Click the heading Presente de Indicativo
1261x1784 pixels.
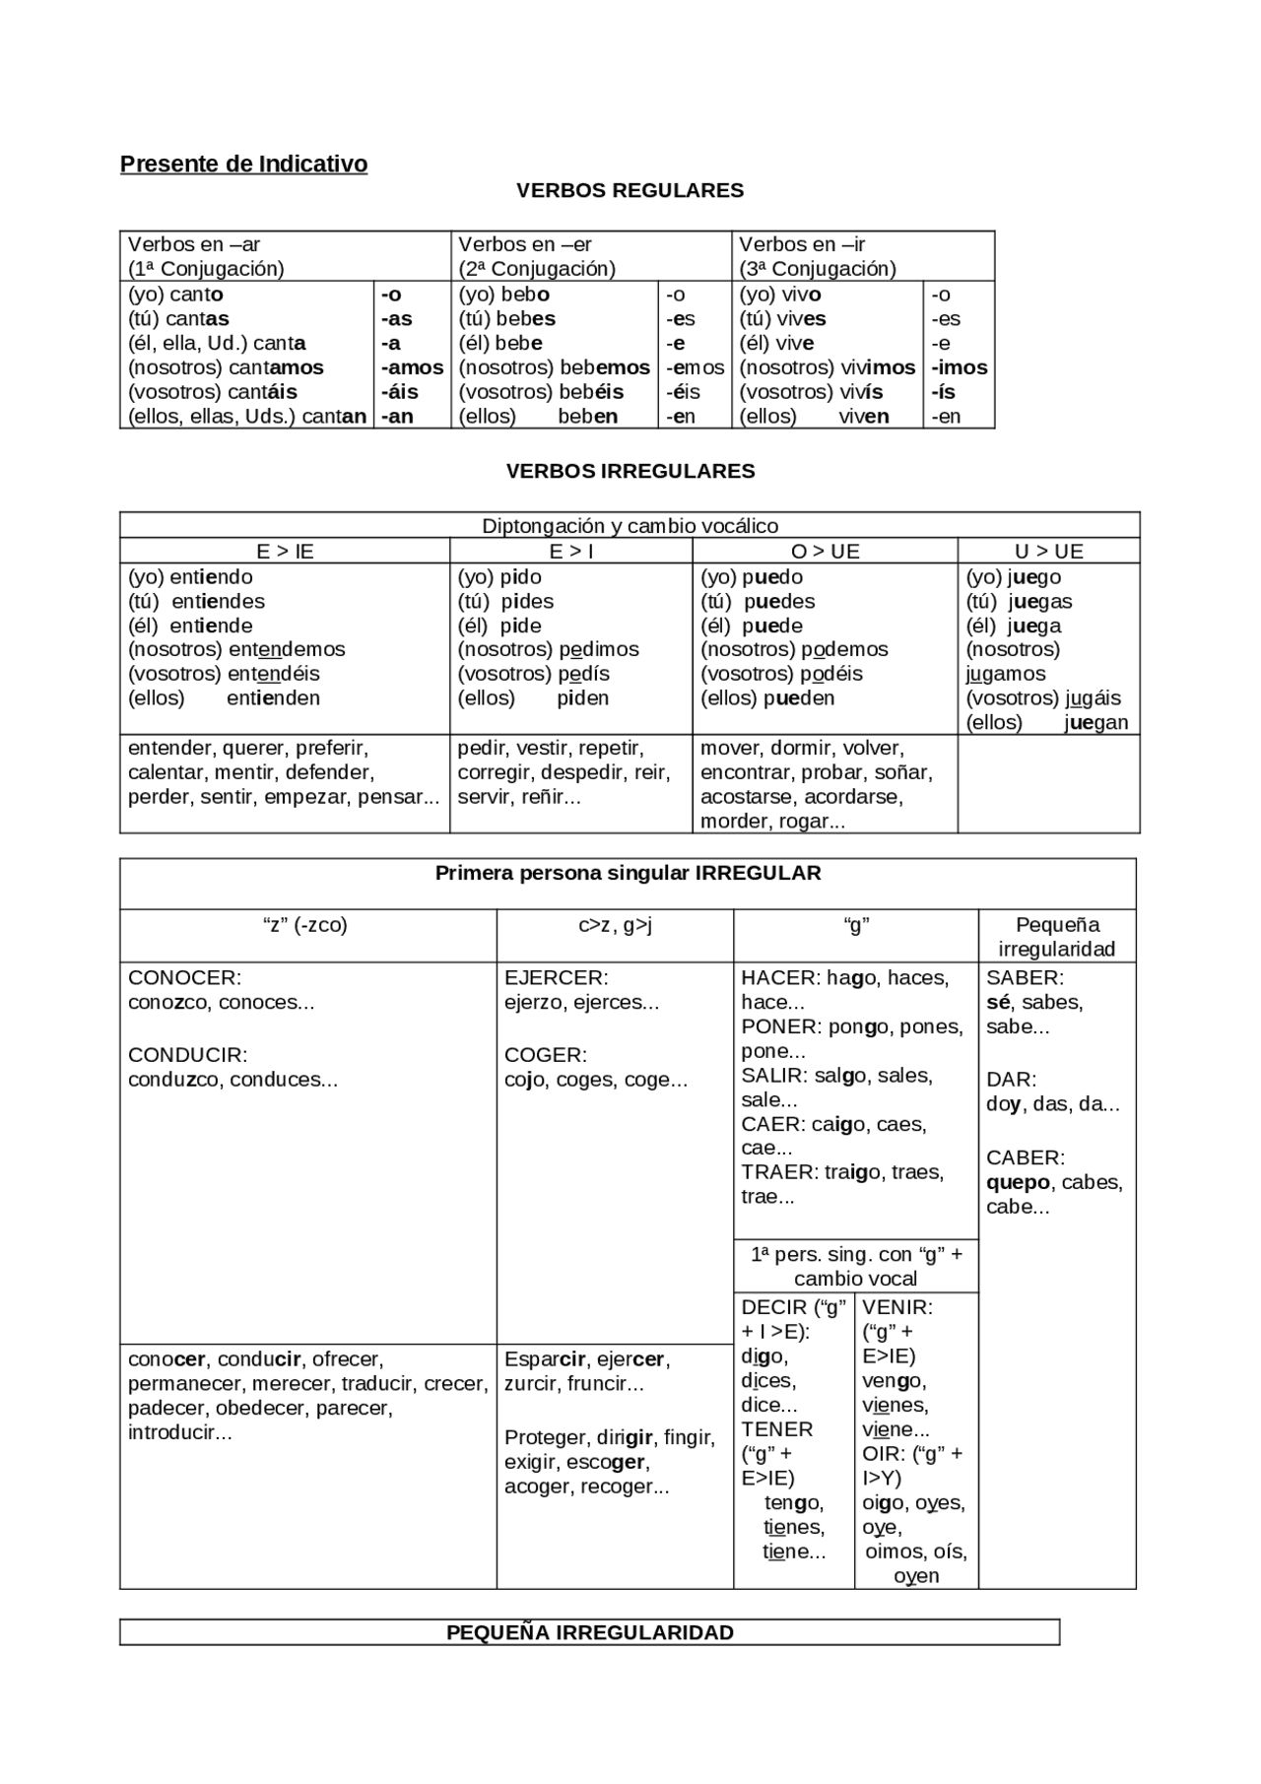[x=243, y=165]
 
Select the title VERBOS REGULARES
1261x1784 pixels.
[x=630, y=190]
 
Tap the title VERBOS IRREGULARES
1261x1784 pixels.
[x=630, y=471]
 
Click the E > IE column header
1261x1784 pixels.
[x=285, y=552]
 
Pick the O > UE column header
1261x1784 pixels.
[x=825, y=552]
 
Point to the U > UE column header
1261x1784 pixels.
[x=1048, y=552]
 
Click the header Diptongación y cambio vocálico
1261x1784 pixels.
[x=630, y=526]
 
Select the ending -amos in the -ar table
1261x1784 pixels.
[x=412, y=367]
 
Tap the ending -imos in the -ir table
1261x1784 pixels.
[x=959, y=367]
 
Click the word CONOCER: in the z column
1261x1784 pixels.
[x=184, y=978]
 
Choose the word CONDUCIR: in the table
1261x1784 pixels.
[x=187, y=1055]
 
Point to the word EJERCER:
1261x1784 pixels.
[x=556, y=978]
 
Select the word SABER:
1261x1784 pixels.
[x=1025, y=978]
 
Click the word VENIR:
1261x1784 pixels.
[x=896, y=1307]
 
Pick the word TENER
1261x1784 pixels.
[x=777, y=1429]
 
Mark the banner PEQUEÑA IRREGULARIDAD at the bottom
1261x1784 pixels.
[x=589, y=1632]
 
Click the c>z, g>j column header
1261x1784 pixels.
[x=615, y=925]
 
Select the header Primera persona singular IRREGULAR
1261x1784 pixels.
[x=628, y=873]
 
